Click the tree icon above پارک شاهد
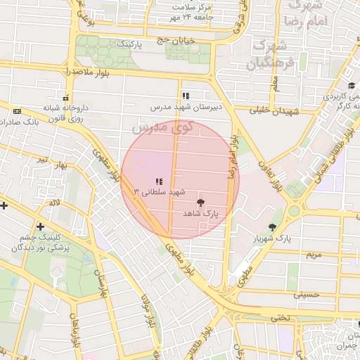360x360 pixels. (x=200, y=202)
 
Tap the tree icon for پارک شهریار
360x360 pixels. (x=272, y=226)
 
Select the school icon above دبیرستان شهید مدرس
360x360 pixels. (x=185, y=96)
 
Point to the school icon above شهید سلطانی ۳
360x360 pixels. (x=159, y=181)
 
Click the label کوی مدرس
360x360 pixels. (x=161, y=127)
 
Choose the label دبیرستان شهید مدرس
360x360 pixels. (x=185, y=108)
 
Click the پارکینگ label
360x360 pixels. (x=129, y=44)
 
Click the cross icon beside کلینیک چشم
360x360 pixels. (x=40, y=226)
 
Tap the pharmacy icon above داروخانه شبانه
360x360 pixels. (x=66, y=98)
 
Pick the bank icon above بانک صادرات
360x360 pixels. (x=17, y=111)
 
